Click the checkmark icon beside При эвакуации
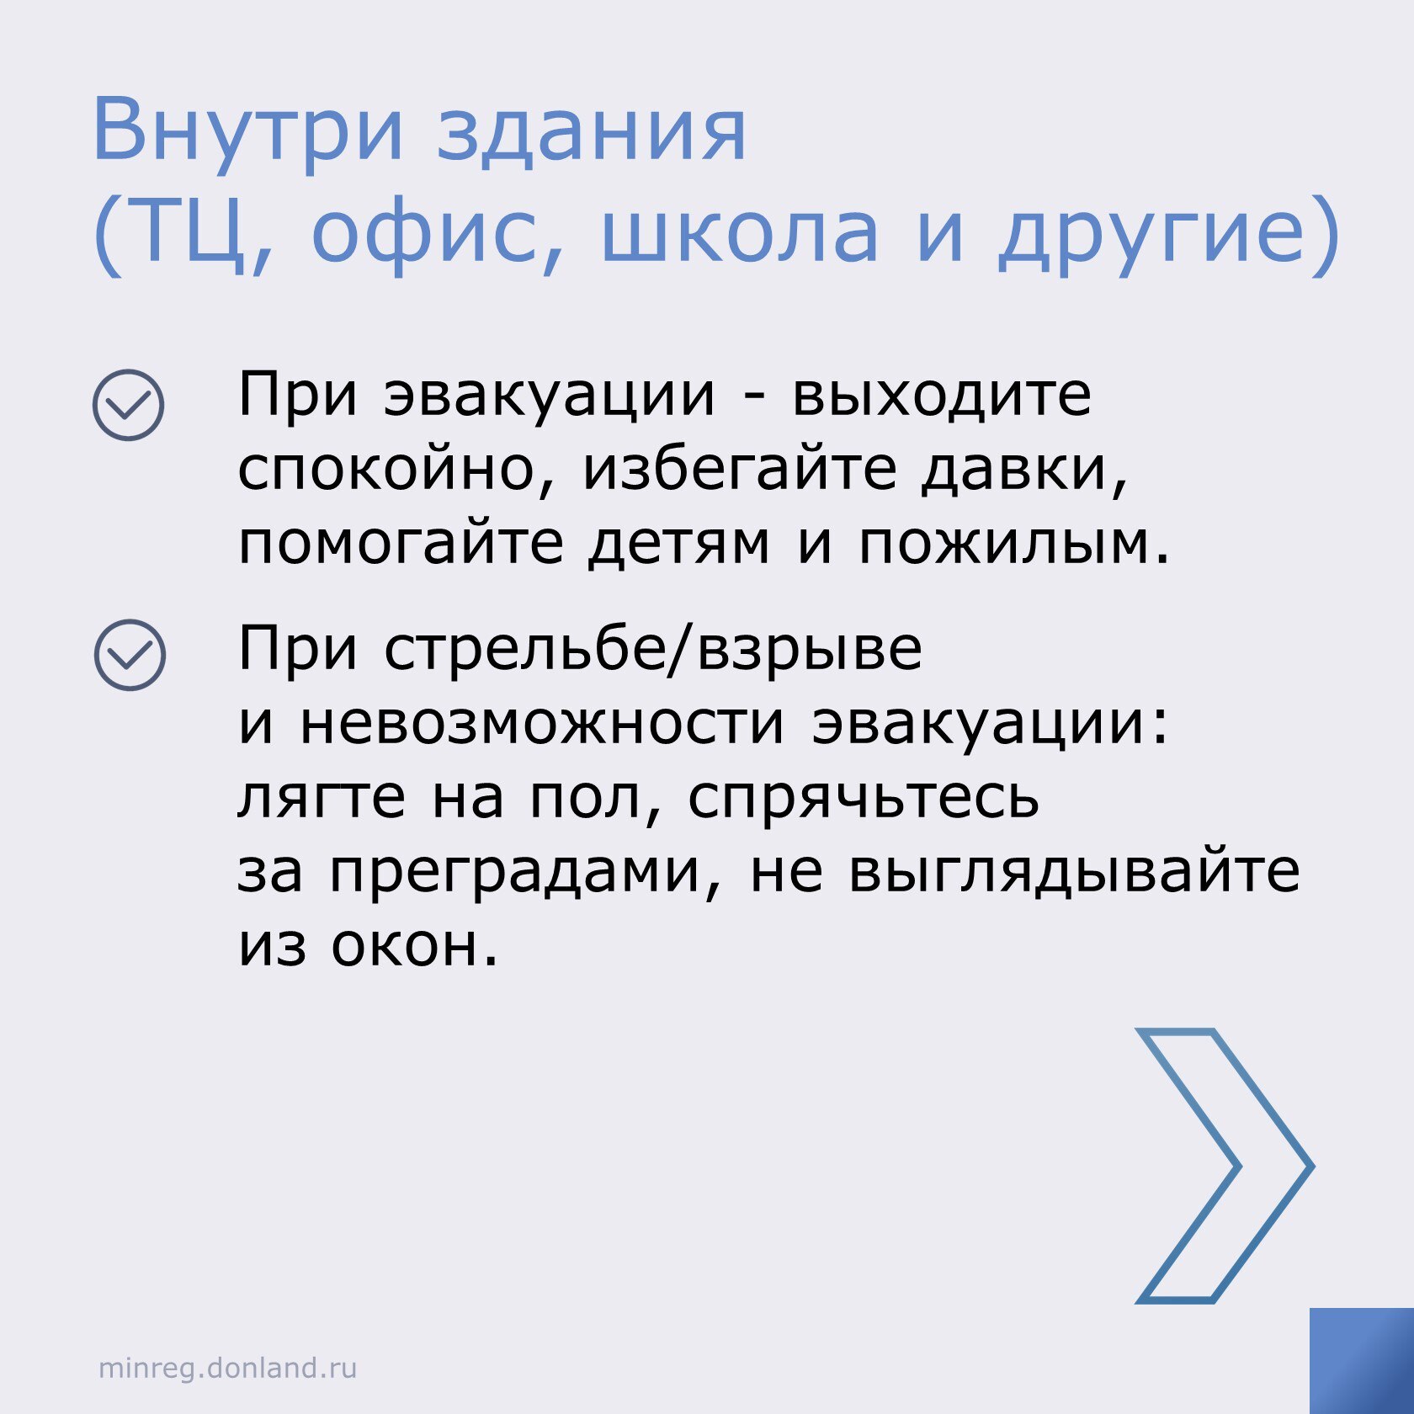pos(128,405)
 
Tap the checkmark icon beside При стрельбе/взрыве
pos(130,656)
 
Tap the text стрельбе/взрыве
pos(653,648)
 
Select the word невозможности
pos(541,724)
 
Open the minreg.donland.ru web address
pos(227,1368)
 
